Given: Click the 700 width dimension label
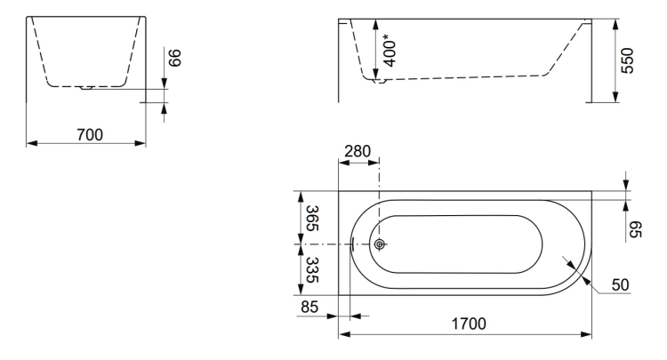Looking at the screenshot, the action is (90, 135).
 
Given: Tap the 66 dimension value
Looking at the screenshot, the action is (175, 58).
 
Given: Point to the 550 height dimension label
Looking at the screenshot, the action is (628, 60).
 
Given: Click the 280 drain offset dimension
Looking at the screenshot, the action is (358, 151).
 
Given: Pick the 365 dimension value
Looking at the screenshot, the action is (313, 219).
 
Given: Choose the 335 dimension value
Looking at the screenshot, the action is (313, 270).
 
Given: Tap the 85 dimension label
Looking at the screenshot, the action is (309, 307).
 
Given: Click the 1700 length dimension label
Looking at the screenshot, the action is (469, 324).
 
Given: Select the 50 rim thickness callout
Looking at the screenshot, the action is (620, 284).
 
